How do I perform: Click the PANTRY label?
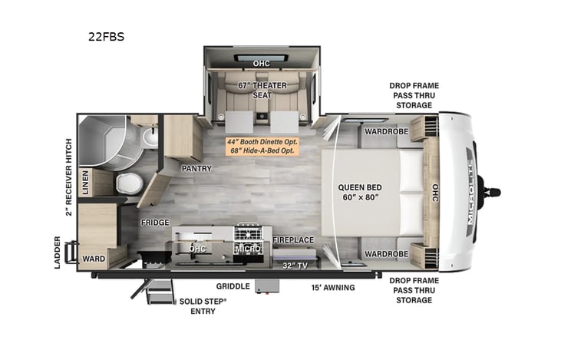[x=196, y=167]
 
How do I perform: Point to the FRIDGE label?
[x=154, y=223]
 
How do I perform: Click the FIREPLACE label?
[x=293, y=239]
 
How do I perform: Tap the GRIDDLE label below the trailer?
[x=233, y=286]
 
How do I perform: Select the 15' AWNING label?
[x=332, y=287]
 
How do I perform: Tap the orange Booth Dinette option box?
[x=261, y=146]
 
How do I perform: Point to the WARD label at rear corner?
[x=93, y=259]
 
